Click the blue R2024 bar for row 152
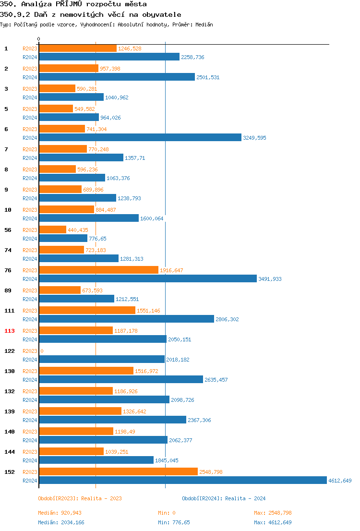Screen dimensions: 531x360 182,480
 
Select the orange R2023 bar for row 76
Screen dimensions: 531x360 98,270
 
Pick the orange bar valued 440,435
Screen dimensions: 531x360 52,229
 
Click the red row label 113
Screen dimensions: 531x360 10,331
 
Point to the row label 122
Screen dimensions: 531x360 10,351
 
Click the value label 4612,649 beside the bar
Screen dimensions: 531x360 340,481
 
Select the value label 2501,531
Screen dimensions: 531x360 208,77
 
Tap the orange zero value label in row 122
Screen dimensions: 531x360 42,351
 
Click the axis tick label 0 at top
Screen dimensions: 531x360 39,39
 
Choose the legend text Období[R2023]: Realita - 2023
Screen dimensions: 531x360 80,498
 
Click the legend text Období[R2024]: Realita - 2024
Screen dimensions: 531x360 224,498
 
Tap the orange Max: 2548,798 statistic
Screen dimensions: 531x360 273,513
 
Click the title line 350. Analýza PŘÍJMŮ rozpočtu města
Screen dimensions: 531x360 73,4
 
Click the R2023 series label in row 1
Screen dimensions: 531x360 30,48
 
